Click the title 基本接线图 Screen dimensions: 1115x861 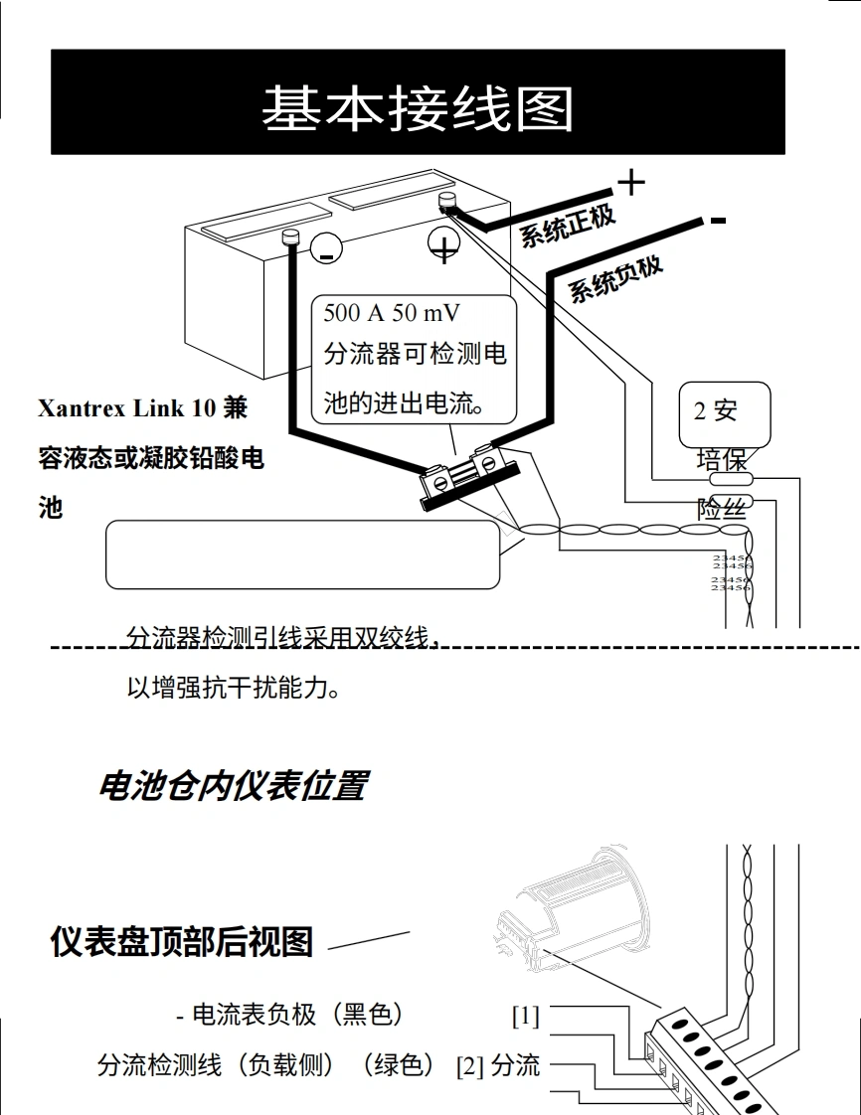pyautogui.click(x=418, y=108)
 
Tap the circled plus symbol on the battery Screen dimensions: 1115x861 pyautogui.click(x=443, y=244)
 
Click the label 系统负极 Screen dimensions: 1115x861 pyautogui.click(x=615, y=274)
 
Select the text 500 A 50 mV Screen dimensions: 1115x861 pyautogui.click(x=392, y=313)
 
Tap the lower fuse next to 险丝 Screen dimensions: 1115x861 pyautogui.click(x=735, y=504)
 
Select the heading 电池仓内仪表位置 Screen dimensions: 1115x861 pyautogui.click(x=232, y=786)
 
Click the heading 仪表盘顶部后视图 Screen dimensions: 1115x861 pyautogui.click(x=181, y=941)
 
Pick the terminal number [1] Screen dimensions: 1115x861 pyautogui.click(x=525, y=1016)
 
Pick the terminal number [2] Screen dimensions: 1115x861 pyautogui.click(x=468, y=1066)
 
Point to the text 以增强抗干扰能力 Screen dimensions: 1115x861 pyautogui.click(x=235, y=688)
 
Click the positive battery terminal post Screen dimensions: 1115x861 pyautogui.click(x=446, y=203)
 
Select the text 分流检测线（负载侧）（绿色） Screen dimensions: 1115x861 pyautogui.click(x=265, y=1065)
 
